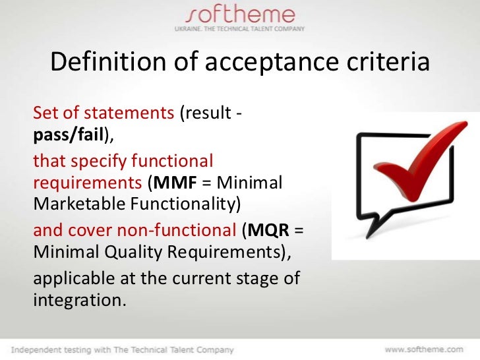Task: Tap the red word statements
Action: coord(135,113)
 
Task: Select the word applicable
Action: coord(71,279)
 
